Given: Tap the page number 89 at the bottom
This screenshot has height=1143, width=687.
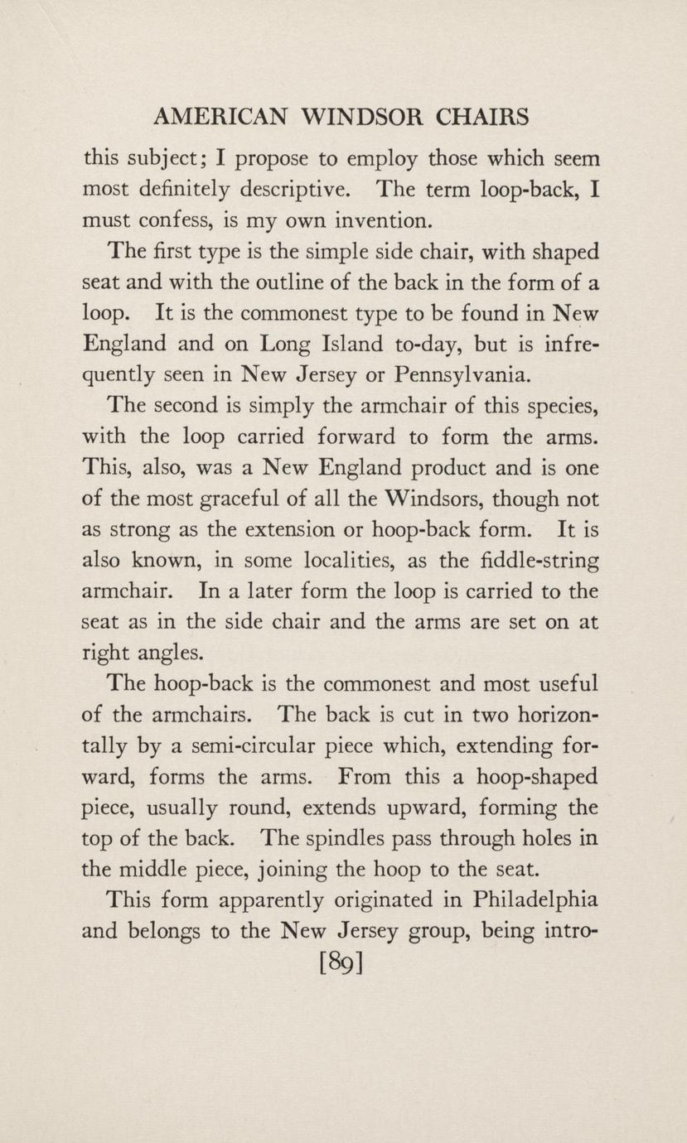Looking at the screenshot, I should pyautogui.click(x=341, y=964).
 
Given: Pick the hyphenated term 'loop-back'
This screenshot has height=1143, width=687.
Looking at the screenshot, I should pyautogui.click(x=525, y=190).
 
